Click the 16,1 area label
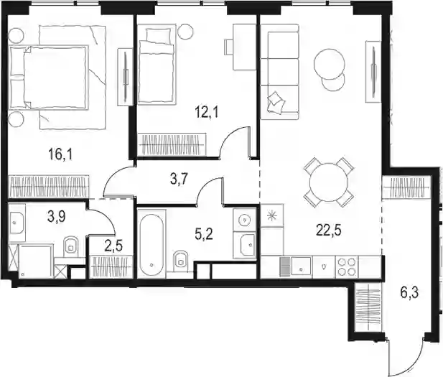[60, 154]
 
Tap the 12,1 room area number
[207, 113]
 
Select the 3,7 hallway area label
[179, 180]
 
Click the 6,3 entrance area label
[409, 293]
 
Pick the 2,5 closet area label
[113, 246]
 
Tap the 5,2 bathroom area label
[204, 235]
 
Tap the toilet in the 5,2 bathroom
[181, 260]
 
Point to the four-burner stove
[347, 266]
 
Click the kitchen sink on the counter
[302, 266]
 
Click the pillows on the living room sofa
[275, 102]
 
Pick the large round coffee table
[330, 64]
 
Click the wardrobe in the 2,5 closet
[111, 267]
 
